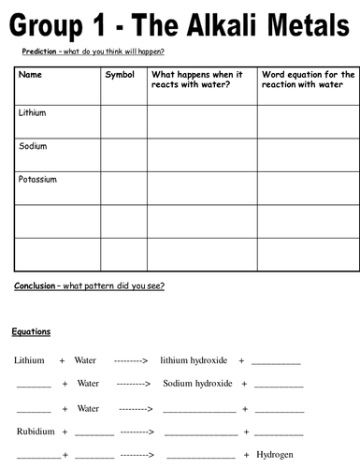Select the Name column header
pos(30,74)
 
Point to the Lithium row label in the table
pos(32,112)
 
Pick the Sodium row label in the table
pos(32,146)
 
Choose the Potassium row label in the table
pos(37,178)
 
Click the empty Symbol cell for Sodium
pos(122,154)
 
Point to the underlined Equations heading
pos(31,331)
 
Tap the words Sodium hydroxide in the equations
pos(197,383)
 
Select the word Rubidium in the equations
pos(35,431)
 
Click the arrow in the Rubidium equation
pos(137,431)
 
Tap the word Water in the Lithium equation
pos(85,359)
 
